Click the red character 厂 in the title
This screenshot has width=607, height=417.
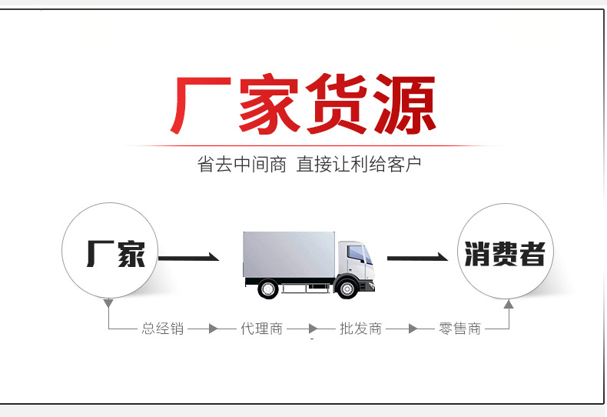[x=198, y=105]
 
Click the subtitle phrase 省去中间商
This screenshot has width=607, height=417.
[x=241, y=164]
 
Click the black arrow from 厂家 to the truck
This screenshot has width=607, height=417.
[x=188, y=257]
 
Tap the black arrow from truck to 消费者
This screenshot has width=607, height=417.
[x=416, y=257]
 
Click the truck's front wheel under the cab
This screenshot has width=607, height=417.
[x=347, y=289]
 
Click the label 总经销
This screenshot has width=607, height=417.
[x=163, y=329]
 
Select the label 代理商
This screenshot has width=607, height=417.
[x=261, y=329]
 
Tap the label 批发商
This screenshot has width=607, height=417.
[x=360, y=329]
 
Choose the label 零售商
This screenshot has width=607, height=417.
[x=459, y=329]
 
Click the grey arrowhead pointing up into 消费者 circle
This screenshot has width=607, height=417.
[x=508, y=305]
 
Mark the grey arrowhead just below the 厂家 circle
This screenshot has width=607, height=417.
[x=110, y=305]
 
